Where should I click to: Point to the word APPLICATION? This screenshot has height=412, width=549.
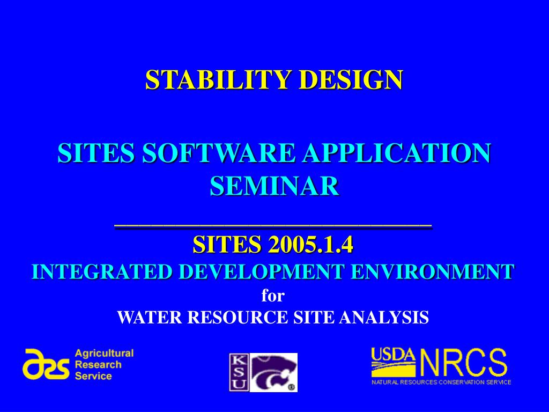[397, 153]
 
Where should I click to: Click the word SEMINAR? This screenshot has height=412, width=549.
[274, 186]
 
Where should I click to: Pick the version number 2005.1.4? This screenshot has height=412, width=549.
[311, 244]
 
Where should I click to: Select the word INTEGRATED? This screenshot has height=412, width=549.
[102, 272]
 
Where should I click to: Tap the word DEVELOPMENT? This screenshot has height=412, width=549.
[261, 272]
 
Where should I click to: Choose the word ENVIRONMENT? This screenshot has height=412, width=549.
[433, 272]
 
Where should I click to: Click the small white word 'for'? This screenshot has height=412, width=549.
[273, 296]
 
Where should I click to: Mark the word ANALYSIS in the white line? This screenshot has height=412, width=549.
[384, 318]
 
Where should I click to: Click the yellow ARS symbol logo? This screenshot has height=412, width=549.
[46, 364]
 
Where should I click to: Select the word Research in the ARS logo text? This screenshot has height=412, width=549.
[98, 365]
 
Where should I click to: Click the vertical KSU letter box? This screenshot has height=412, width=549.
[239, 372]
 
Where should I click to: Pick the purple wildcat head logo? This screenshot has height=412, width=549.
[273, 372]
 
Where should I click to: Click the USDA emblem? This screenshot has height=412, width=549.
[394, 362]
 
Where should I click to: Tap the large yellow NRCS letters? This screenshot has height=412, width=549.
[464, 362]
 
